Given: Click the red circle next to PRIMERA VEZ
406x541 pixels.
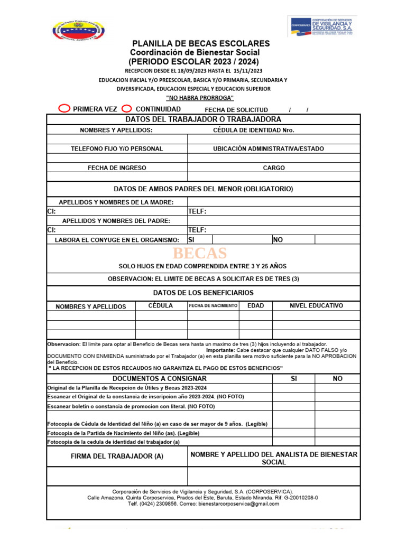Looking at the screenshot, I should (63, 108).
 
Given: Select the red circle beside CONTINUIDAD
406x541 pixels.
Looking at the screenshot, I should (126, 108).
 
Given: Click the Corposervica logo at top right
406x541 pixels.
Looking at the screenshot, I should (322, 26).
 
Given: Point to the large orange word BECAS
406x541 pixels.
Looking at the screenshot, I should (204, 253).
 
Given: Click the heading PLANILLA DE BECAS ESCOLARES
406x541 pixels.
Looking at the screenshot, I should (201, 43).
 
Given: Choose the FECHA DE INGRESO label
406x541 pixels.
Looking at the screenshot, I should (117, 168).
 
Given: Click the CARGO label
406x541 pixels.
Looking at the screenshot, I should (274, 168).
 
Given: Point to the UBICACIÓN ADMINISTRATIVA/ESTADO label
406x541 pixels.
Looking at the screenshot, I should (268, 149).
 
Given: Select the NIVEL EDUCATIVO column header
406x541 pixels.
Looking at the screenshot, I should (316, 306).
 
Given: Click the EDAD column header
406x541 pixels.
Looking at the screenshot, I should (255, 306).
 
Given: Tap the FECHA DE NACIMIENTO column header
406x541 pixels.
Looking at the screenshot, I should (213, 306).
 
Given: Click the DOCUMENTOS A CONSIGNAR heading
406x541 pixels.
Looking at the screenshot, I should (160, 379).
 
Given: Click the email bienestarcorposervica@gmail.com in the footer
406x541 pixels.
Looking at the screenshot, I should (238, 504).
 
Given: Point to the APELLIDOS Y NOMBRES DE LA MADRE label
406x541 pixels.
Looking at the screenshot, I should (116, 202).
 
